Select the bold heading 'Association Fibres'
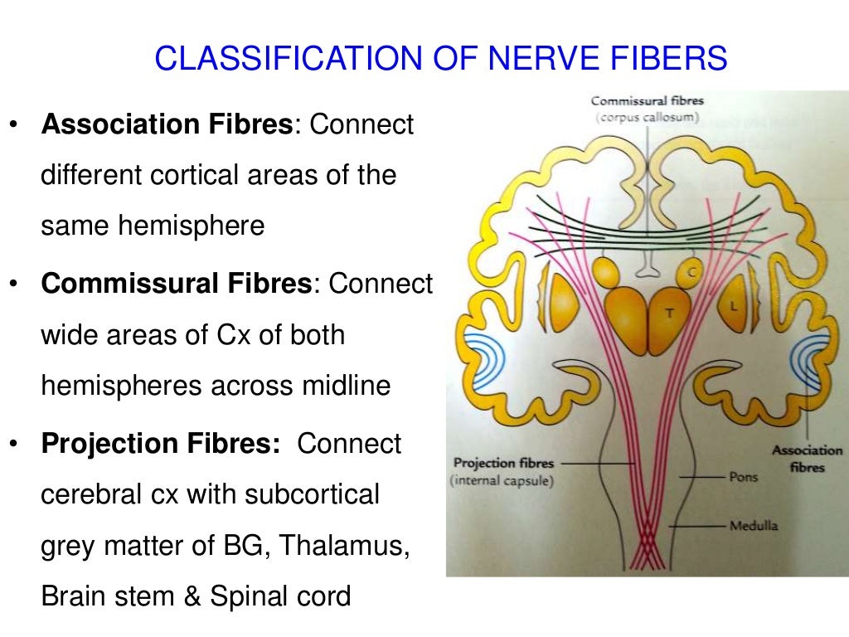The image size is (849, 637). (167, 125)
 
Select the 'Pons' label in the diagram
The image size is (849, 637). (743, 477)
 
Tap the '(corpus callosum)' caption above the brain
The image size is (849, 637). (646, 118)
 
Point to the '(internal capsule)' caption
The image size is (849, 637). (501, 480)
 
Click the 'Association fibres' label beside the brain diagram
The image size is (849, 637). (807, 459)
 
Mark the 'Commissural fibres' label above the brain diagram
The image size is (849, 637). (647, 101)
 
